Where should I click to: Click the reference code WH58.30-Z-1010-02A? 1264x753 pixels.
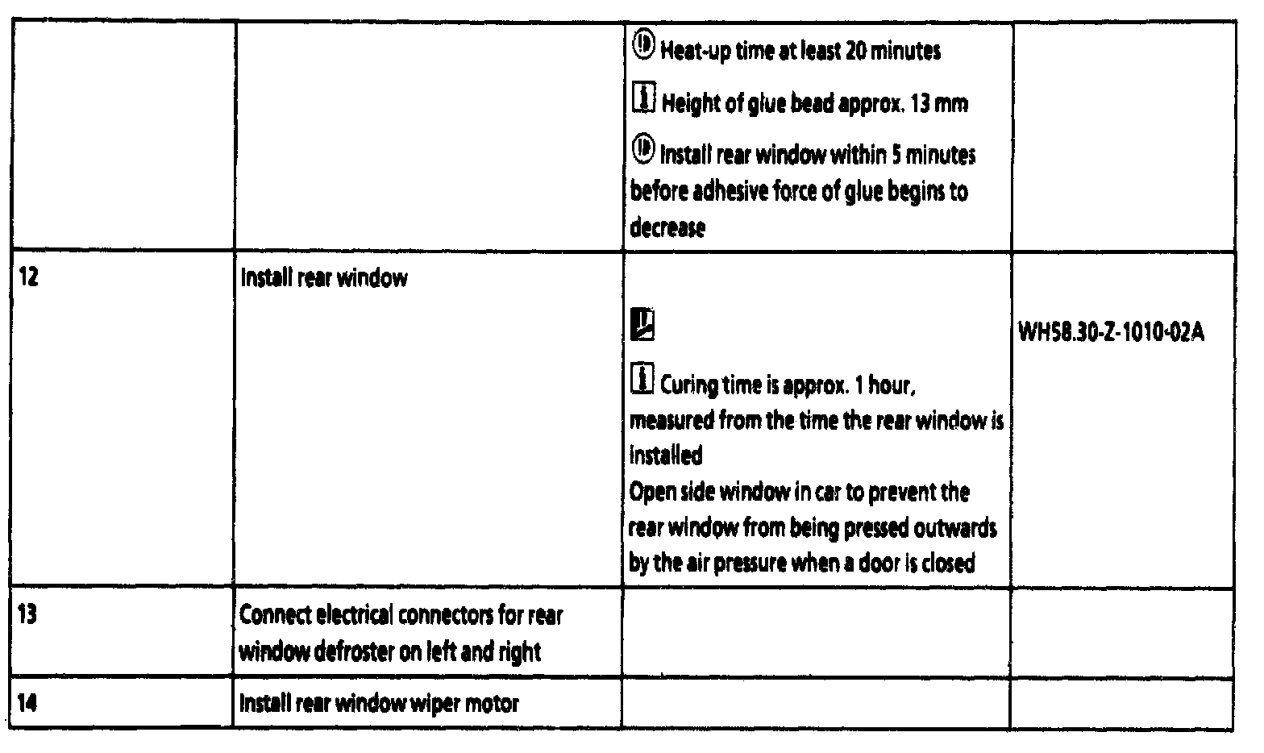(1112, 333)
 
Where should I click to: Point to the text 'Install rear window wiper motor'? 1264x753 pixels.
(379, 704)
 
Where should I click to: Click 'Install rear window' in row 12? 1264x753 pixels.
(324, 279)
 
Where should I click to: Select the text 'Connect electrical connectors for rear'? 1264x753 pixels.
(401, 615)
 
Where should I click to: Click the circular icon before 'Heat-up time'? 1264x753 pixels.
(643, 48)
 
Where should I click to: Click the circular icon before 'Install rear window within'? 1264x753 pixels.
(643, 150)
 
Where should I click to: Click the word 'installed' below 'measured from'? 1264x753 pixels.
(665, 456)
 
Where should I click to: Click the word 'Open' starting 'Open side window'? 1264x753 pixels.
(650, 493)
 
